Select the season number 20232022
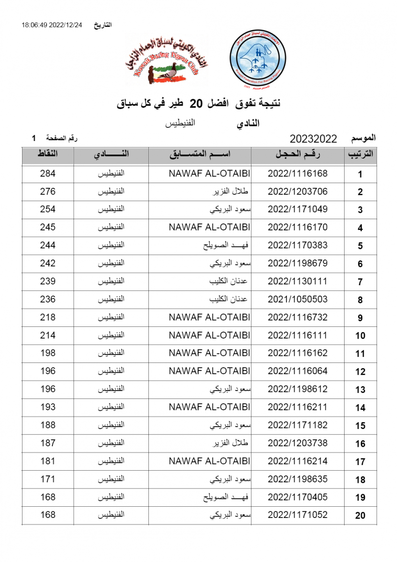tap(314, 139)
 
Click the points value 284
tap(48, 174)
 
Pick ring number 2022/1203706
tap(298, 192)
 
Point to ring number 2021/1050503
tap(298, 299)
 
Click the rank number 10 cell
tap(360, 336)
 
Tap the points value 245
tap(48, 228)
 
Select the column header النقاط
tap(48, 155)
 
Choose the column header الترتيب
tap(360, 155)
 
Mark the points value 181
tap(48, 461)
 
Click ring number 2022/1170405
tap(298, 497)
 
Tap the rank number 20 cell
tap(360, 516)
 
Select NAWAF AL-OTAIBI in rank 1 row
tap(209, 174)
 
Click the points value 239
tap(48, 281)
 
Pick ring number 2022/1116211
tap(298, 407)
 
